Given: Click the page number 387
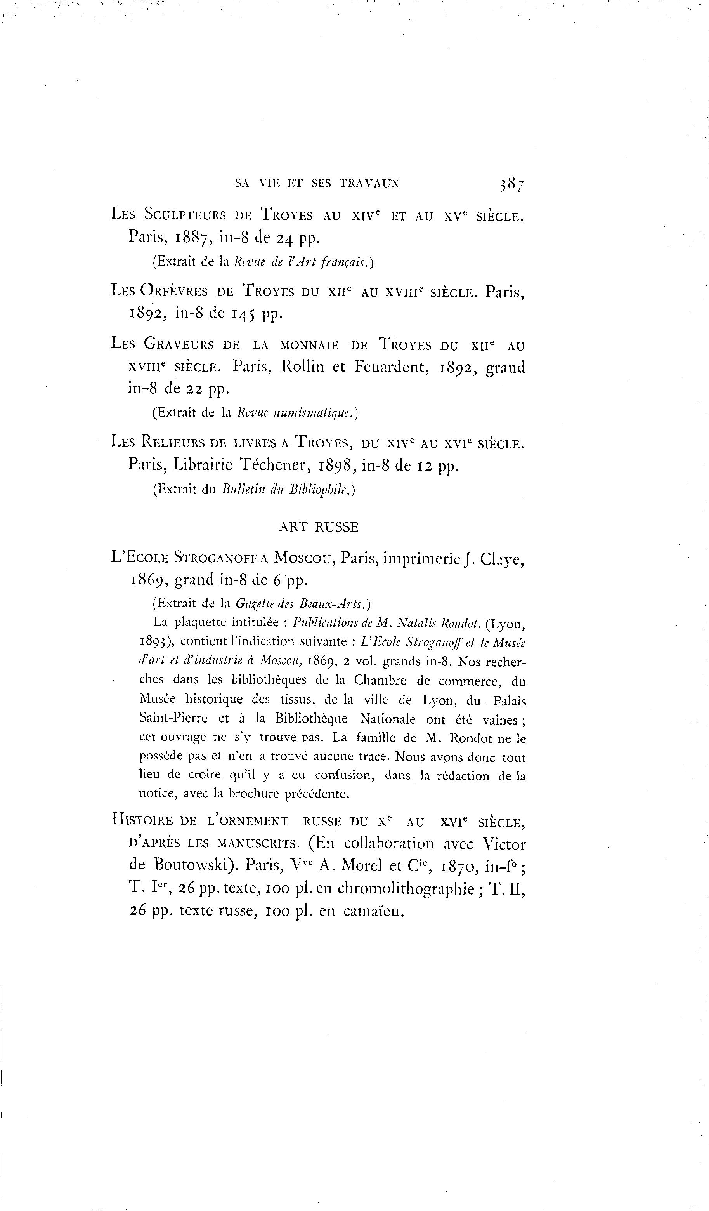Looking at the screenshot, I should point(511,184).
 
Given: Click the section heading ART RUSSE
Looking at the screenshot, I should point(319,527).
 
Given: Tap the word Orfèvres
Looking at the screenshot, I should point(174,291).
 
